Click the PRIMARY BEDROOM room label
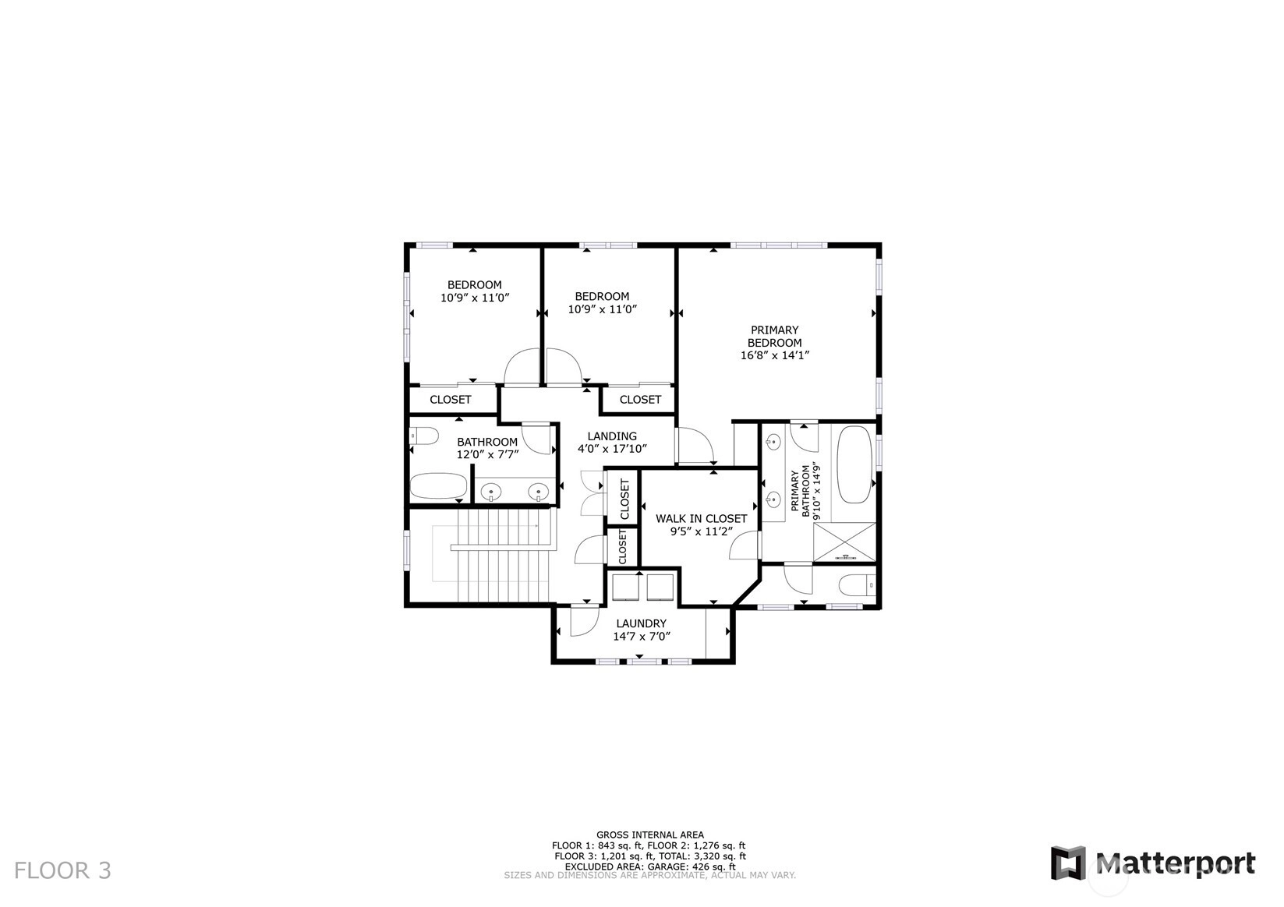(774, 337)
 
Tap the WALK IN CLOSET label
(701, 518)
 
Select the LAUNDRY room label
(642, 623)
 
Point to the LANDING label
(612, 436)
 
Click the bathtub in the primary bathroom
(854, 464)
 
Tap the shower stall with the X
(845, 542)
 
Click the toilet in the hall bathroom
(424, 436)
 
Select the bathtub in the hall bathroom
(438, 486)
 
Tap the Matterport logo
(1153, 863)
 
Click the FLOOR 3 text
(62, 870)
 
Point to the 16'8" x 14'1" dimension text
(774, 355)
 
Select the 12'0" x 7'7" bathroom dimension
(487, 454)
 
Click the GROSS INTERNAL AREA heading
(650, 835)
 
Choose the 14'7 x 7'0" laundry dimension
(642, 636)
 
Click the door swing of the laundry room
(585, 621)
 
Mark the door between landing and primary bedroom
(695, 446)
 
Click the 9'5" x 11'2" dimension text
(701, 531)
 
